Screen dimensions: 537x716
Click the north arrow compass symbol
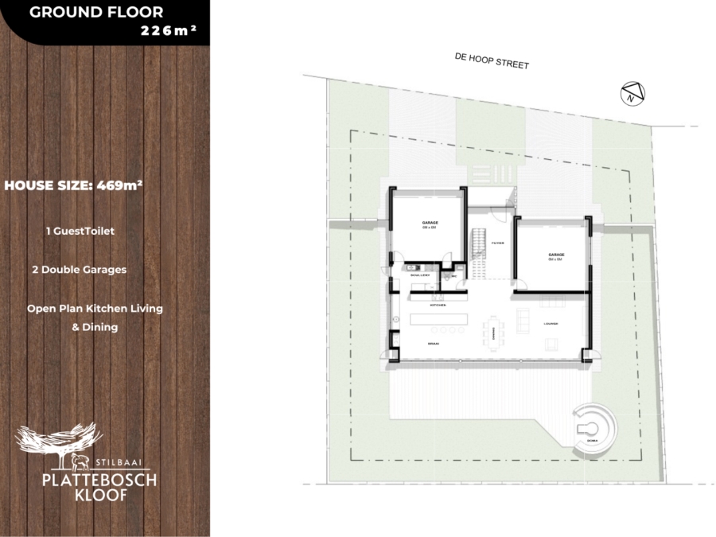tap(631, 93)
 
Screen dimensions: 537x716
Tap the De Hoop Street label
tap(491, 61)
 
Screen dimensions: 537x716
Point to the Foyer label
tap(498, 243)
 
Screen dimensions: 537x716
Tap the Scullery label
tap(420, 275)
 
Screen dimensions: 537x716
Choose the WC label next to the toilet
tap(454, 276)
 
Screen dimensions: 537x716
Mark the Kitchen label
tap(438, 305)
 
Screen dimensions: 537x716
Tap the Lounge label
tap(551, 324)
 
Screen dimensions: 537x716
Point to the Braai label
tap(434, 344)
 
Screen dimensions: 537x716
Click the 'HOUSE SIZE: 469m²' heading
tap(73, 185)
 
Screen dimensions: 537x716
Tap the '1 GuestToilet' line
tap(80, 231)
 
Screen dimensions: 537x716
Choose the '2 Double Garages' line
tap(79, 270)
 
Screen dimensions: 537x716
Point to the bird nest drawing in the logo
tap(60, 437)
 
